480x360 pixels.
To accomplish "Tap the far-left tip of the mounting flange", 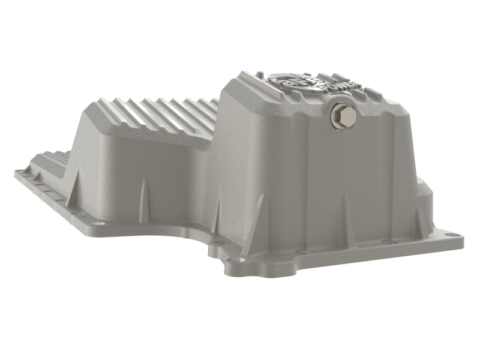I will pyautogui.click(x=16, y=173).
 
